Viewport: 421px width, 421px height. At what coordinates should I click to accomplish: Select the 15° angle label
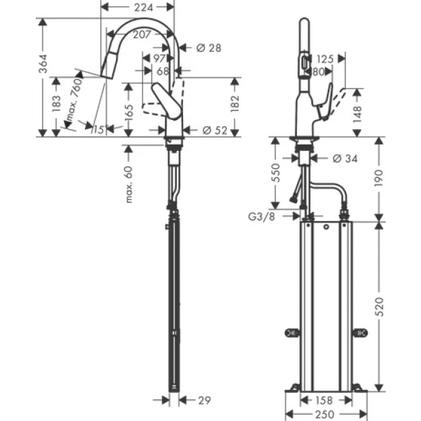97,130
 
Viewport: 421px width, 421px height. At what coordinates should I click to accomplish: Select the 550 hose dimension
276,173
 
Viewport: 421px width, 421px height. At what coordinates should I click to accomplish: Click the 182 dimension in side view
235,103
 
